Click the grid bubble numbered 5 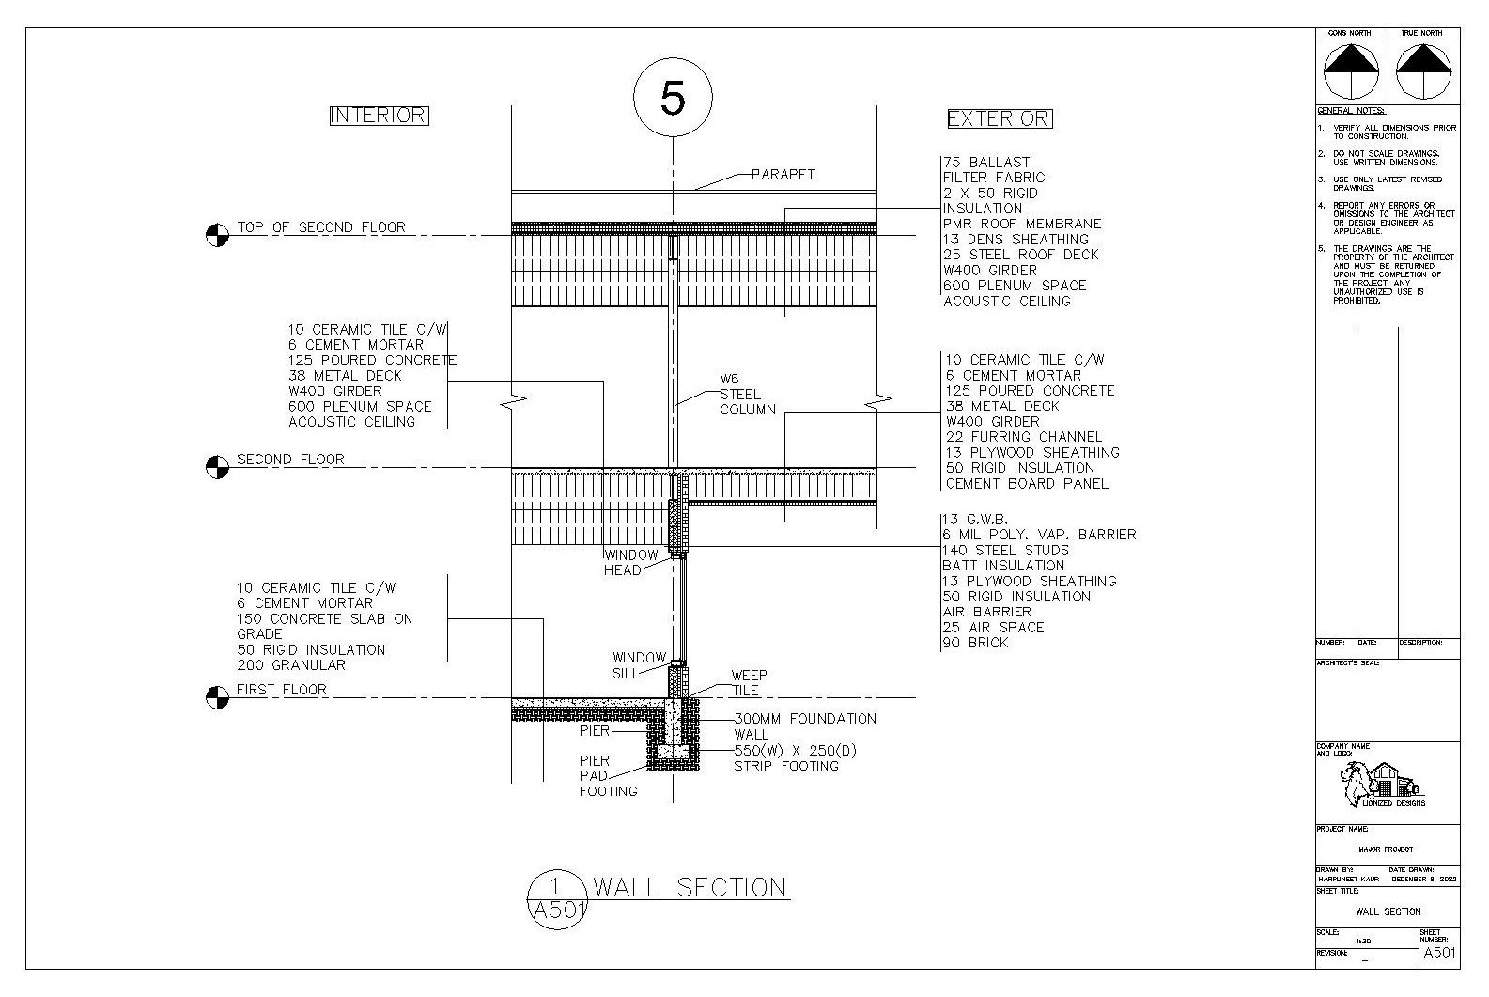click(673, 98)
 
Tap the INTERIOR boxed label click(379, 116)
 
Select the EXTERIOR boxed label click(998, 119)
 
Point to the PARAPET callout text click(783, 175)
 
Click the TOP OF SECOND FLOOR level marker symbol click(217, 235)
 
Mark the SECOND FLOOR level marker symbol click(217, 467)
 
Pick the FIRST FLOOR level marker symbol click(217, 697)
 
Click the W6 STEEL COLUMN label click(748, 395)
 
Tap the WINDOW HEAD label click(630, 563)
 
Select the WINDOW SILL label click(639, 665)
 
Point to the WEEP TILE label click(749, 682)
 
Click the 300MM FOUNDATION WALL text click(804, 726)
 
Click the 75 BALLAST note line click(986, 163)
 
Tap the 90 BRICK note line click(976, 643)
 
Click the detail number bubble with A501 click(556, 898)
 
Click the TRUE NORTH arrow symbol click(1423, 71)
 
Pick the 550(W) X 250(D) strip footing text click(795, 751)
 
